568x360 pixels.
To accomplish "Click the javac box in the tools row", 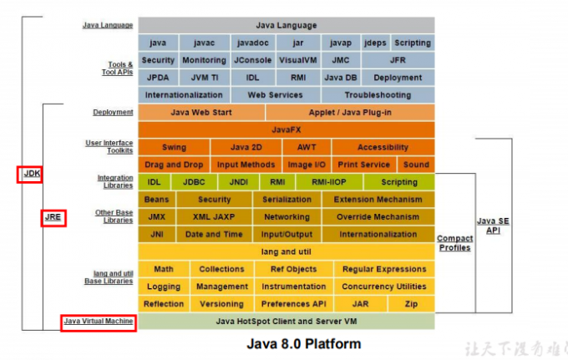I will [x=204, y=43].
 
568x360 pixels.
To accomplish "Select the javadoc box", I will [x=251, y=43].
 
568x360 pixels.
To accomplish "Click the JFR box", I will [x=398, y=60].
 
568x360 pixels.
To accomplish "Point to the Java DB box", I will [x=340, y=78].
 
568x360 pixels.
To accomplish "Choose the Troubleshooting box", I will [x=378, y=95].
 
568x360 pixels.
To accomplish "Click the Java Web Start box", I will [x=200, y=112].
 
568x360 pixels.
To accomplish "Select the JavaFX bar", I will [x=286, y=129].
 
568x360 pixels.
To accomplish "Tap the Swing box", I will [x=174, y=147].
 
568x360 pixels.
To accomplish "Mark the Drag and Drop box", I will [x=174, y=165].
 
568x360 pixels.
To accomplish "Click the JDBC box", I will [x=195, y=182].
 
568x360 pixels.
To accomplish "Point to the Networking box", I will [x=287, y=217].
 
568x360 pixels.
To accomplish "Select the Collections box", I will [x=221, y=269].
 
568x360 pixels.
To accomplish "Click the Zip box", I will [x=411, y=304].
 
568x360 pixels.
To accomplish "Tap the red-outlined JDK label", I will [x=31, y=175].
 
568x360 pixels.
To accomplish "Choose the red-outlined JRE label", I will [x=53, y=218].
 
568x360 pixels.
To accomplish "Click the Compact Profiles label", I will [x=454, y=243].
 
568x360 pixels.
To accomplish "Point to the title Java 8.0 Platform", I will [x=304, y=343].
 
